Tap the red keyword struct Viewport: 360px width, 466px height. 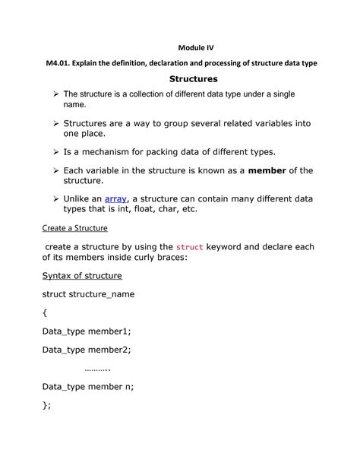coord(190,247)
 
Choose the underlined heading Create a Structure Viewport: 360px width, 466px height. coord(74,227)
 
